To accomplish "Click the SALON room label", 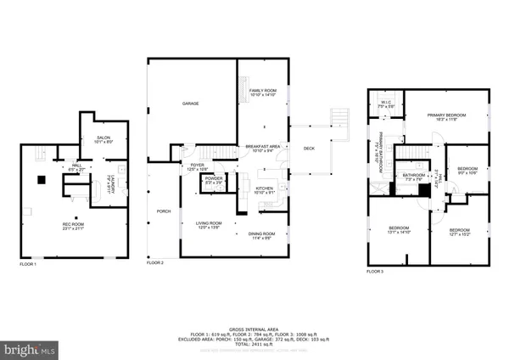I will (103, 138).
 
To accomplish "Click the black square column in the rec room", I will (40, 179).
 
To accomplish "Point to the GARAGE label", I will (190, 104).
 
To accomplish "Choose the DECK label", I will (309, 149).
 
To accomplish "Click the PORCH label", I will (161, 211).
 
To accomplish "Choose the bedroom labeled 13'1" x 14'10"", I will (399, 230).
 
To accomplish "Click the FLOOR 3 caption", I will (375, 271).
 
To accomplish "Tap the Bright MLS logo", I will (31, 349).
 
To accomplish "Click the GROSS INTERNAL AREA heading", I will (255, 325).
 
